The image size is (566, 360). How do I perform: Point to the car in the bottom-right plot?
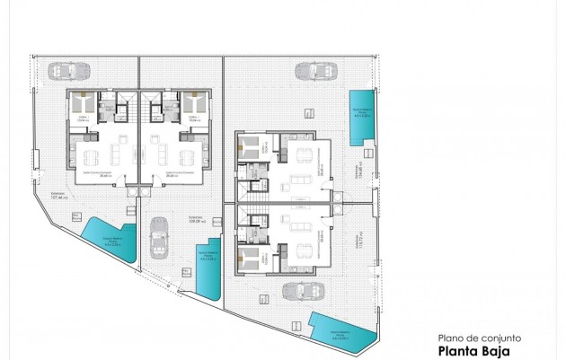coord(296,293)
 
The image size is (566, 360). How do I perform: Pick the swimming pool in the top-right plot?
coord(362,117)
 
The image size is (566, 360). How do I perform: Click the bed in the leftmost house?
coord(80,101)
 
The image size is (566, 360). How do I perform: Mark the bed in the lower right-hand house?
coord(251,258)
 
